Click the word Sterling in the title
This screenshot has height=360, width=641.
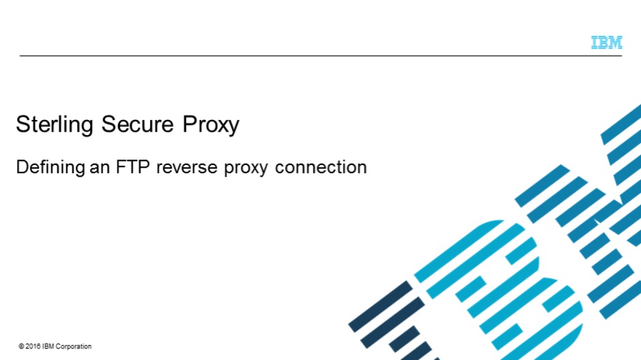[x=55, y=124]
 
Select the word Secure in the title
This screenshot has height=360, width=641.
[x=137, y=124]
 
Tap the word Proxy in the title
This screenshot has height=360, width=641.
[x=211, y=125]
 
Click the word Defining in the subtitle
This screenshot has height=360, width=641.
[x=50, y=167]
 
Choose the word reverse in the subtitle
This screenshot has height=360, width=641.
[x=186, y=168]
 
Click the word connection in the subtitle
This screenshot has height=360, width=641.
[x=321, y=168]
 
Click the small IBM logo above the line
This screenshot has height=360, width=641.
[x=607, y=42]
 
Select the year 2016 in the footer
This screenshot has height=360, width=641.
[x=33, y=346]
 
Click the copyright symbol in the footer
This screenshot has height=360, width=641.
[x=21, y=346]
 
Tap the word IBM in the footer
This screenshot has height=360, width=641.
[x=48, y=346]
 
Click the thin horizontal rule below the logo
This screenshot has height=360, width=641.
[x=320, y=56]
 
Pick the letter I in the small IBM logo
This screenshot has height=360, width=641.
[x=595, y=42]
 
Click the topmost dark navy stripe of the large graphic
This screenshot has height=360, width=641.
[x=381, y=306]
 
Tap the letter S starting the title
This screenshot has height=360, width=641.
[x=23, y=124]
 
